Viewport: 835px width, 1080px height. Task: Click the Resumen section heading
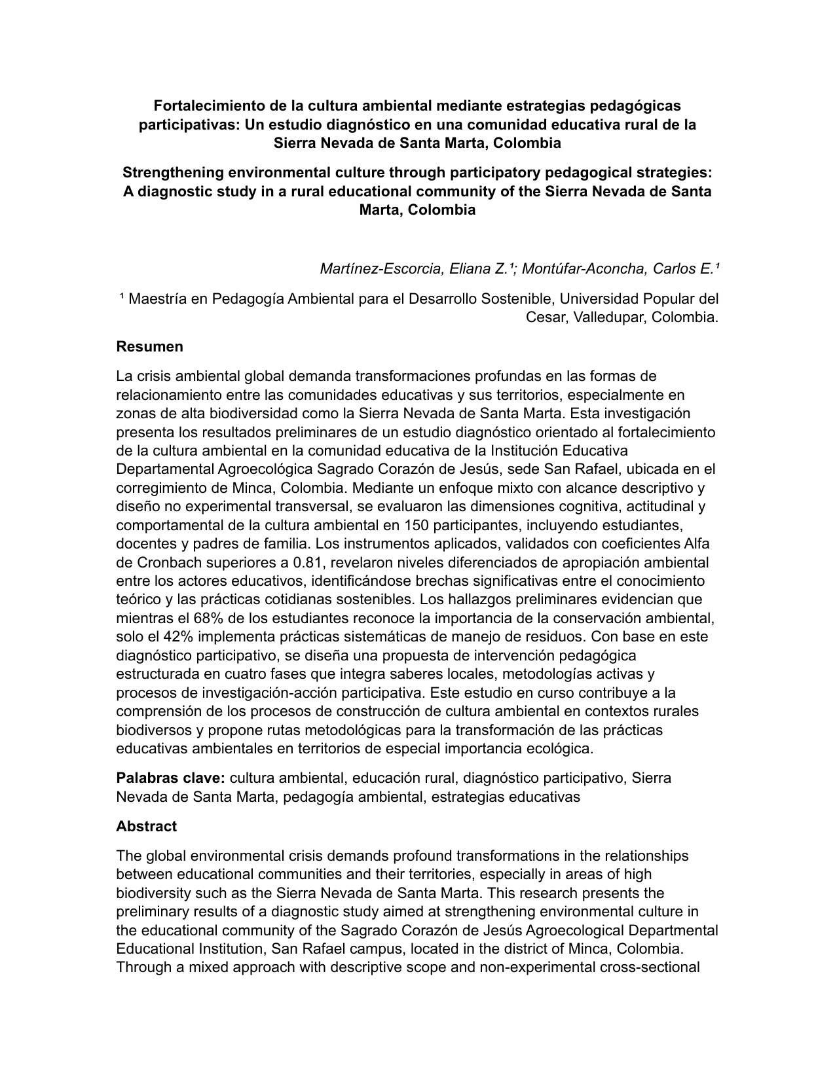pyautogui.click(x=149, y=347)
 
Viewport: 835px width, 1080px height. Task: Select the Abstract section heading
pyautogui.click(x=146, y=827)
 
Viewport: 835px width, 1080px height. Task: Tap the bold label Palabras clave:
pyautogui.click(x=171, y=778)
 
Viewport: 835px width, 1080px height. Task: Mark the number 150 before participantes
pyautogui.click(x=417, y=525)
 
